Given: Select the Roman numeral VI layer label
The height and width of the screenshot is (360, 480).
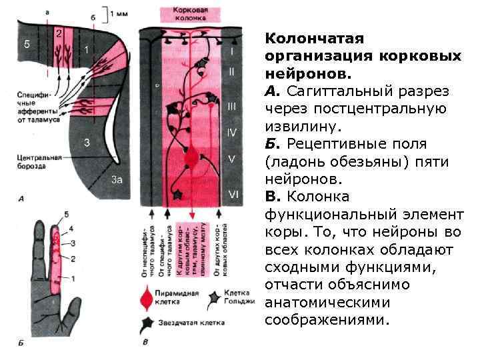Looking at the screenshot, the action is (233, 193).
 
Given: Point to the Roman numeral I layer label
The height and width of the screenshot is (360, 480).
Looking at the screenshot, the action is (231, 51).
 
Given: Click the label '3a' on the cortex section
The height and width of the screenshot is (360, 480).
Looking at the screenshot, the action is (117, 179).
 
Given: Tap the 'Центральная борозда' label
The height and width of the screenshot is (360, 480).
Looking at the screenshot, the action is (40, 163).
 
